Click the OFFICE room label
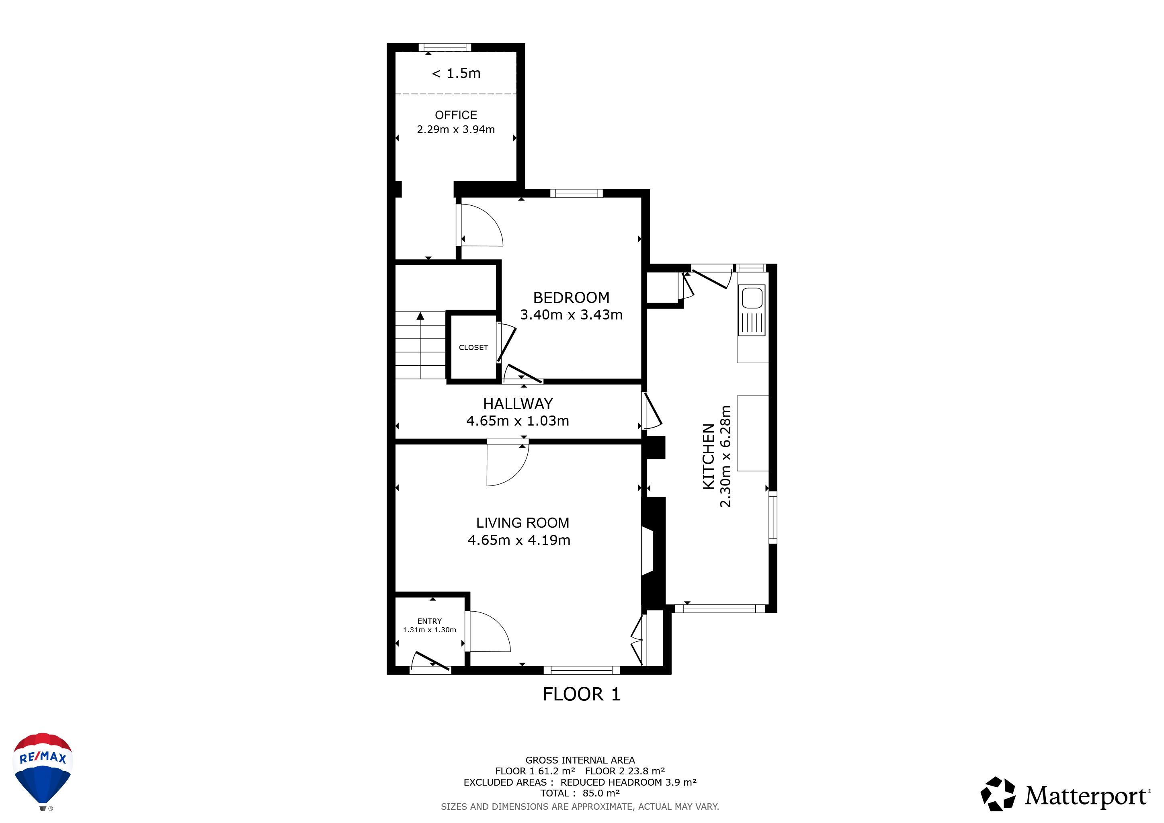point(456,115)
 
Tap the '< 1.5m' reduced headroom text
point(456,74)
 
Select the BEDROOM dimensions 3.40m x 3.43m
point(572,315)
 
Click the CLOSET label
point(473,348)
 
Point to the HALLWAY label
point(518,404)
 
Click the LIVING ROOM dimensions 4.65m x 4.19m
point(518,540)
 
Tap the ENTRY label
point(429,621)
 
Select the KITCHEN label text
point(708,457)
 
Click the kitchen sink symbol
point(752,310)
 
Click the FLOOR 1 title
point(582,694)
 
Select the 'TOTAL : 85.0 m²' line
point(580,793)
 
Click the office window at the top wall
point(445,48)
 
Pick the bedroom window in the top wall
point(576,193)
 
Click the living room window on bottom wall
point(582,670)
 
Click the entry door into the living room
point(488,631)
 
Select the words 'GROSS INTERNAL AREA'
point(580,760)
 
